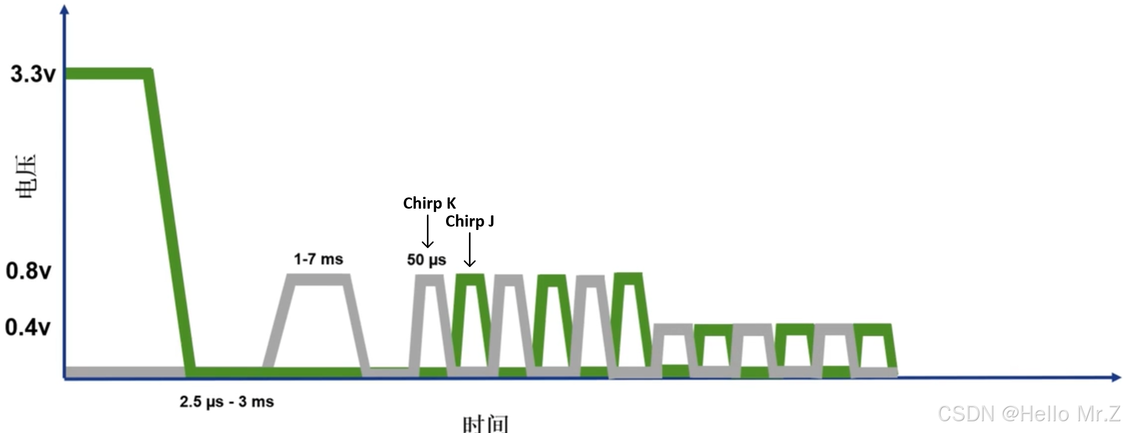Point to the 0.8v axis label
pyautogui.click(x=28, y=271)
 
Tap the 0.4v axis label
pyautogui.click(x=27, y=327)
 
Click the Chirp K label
pyautogui.click(x=429, y=203)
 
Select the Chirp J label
pyautogui.click(x=470, y=222)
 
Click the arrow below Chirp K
pyautogui.click(x=428, y=231)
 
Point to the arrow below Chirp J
pyautogui.click(x=470, y=250)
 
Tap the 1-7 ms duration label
pyautogui.click(x=318, y=259)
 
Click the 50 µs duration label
pyautogui.click(x=426, y=260)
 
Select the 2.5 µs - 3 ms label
pyautogui.click(x=226, y=402)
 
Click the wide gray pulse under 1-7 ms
pyautogui.click(x=318, y=279)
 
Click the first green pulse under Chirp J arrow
pyautogui.click(x=470, y=278)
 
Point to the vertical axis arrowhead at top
pyautogui.click(x=65, y=10)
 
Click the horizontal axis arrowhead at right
pyautogui.click(x=1116, y=377)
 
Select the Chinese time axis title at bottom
pyautogui.click(x=485, y=423)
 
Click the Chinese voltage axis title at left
pyautogui.click(x=26, y=176)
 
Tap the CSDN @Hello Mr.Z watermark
pyautogui.click(x=1029, y=414)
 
